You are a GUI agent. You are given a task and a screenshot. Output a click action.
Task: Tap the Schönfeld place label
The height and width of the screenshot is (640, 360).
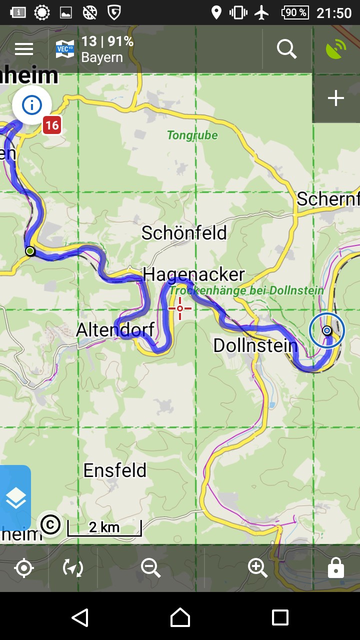[x=184, y=233]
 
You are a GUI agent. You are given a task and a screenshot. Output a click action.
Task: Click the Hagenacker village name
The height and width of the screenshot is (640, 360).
[x=193, y=274]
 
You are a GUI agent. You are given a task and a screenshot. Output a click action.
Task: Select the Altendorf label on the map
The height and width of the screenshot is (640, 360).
[x=115, y=330]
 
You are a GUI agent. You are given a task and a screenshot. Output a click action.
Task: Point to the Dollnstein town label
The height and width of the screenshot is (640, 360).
[x=255, y=345]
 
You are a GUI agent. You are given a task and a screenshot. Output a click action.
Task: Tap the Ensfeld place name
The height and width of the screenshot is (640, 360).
[x=115, y=470]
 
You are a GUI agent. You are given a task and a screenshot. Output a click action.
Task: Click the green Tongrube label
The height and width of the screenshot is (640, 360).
[x=192, y=135]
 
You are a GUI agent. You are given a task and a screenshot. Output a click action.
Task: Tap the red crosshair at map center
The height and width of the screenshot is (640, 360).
[x=180, y=308]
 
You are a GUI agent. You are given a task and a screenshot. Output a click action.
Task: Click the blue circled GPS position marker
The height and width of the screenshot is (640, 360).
[x=327, y=330]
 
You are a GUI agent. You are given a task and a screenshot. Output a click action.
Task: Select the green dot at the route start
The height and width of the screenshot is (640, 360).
[x=30, y=251]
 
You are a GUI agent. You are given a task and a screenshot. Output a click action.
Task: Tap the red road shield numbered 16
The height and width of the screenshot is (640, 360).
[x=51, y=125]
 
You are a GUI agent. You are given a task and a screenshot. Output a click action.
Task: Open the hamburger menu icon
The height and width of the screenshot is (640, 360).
[x=24, y=49]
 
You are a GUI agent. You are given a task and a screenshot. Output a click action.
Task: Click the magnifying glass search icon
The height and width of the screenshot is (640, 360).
[x=287, y=49]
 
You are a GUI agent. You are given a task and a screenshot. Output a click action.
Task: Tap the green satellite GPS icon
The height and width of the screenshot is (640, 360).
[x=336, y=49]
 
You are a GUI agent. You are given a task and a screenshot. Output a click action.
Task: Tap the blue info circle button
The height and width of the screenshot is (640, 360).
[x=32, y=105]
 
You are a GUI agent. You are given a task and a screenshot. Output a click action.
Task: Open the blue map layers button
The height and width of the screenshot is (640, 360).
[x=15, y=498]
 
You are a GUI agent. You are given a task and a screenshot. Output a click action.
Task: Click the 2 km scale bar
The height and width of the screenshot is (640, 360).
[x=104, y=527]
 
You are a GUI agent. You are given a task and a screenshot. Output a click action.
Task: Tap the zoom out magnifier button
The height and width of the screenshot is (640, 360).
[x=150, y=568]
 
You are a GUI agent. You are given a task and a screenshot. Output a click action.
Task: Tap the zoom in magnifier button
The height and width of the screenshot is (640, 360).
[x=257, y=568]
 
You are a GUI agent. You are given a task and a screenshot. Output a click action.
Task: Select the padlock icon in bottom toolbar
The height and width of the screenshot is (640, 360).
[x=335, y=568]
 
